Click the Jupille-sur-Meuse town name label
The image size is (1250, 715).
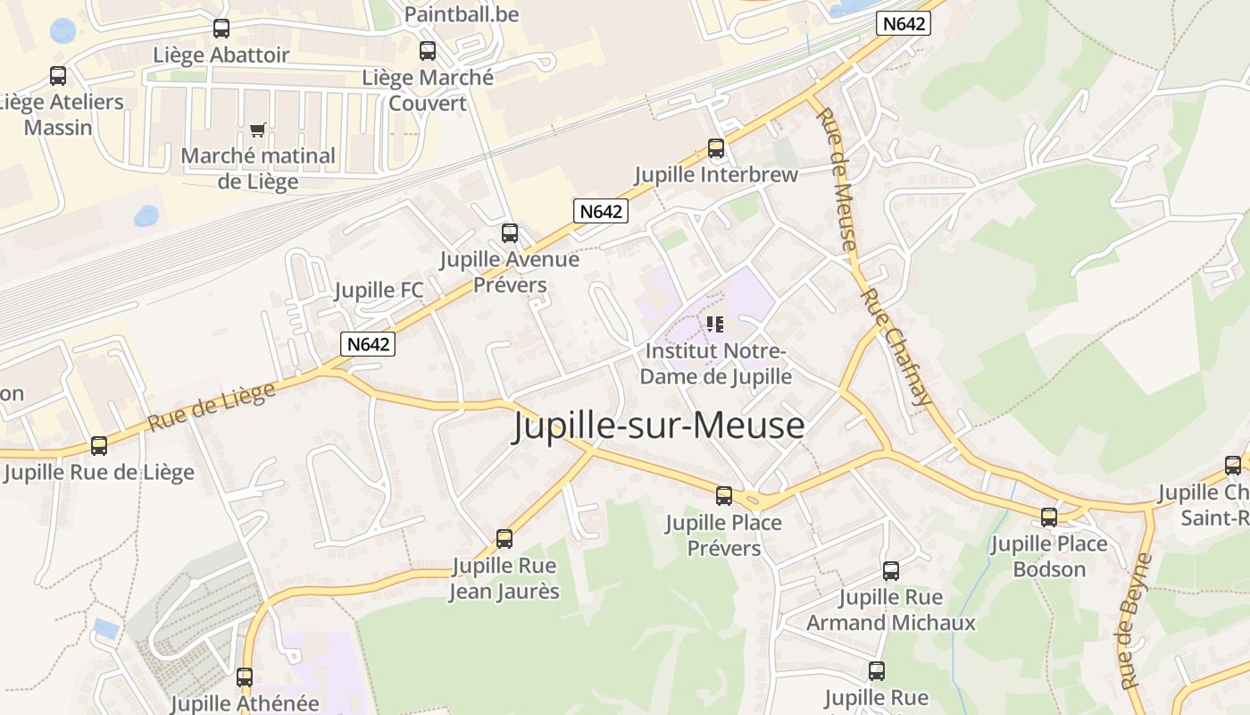659,425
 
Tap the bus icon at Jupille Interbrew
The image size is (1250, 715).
715,148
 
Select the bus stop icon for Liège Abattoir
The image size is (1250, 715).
221,29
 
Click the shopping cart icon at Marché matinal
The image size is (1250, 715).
258,130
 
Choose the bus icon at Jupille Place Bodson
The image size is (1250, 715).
1049,517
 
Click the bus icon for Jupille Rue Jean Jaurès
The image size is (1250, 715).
504,539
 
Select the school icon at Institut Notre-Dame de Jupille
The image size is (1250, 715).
715,324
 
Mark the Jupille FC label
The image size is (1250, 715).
379,290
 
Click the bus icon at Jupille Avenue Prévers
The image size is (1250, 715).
510,233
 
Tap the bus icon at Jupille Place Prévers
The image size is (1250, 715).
724,496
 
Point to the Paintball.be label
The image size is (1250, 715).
461,14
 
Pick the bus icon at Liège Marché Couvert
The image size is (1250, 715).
428,51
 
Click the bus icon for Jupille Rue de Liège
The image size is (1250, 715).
99,445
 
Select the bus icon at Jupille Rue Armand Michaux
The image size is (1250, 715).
891,571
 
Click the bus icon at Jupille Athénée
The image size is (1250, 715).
245,677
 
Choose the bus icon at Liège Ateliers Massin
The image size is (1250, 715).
58,76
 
